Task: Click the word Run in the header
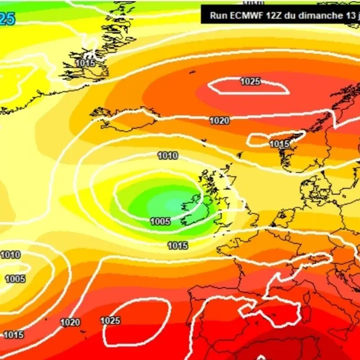point(218,15)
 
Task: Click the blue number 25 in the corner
point(7,19)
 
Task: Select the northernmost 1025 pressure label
point(250,81)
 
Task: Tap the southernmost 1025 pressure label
point(110,320)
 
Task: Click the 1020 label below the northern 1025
point(219,120)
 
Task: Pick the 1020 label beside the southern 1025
point(70,322)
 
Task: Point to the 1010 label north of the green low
point(167,156)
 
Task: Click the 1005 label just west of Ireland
point(160,221)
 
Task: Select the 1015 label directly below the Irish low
point(177,245)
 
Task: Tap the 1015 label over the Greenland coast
point(85,63)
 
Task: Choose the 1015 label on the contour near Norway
point(279,144)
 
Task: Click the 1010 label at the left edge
point(10,255)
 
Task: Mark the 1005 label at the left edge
point(14,278)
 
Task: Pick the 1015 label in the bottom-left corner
point(13,334)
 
